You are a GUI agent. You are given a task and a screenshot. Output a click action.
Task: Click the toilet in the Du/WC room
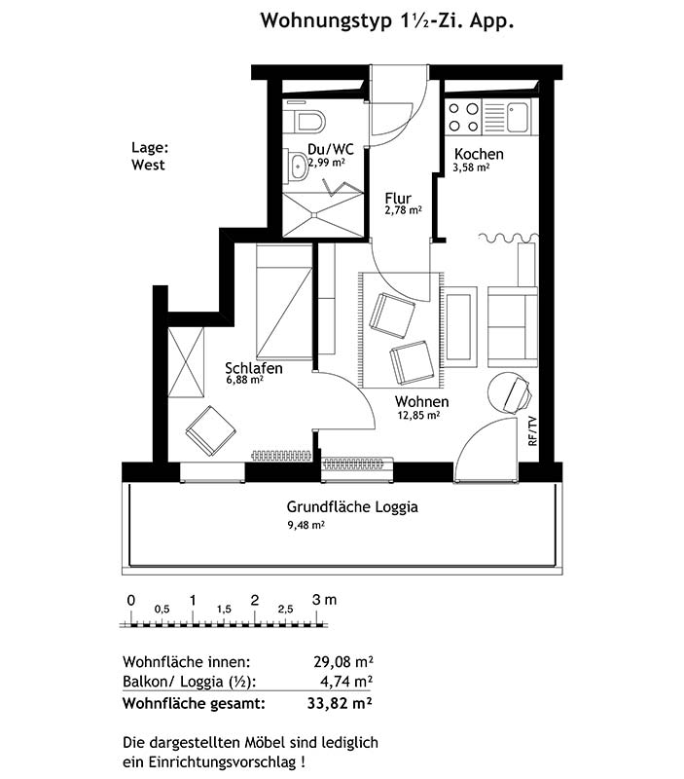[308, 121]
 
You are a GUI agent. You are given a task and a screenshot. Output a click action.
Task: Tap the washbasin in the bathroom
[298, 167]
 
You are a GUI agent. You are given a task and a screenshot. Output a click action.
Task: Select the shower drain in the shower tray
[314, 214]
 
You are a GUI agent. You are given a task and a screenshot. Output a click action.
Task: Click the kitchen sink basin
[518, 117]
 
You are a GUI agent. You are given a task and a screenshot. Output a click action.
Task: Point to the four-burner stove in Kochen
[463, 117]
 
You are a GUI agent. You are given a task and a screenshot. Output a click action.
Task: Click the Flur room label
[398, 199]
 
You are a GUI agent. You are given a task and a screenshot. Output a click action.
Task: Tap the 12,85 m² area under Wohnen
[418, 415]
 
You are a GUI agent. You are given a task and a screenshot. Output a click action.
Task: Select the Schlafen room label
[254, 368]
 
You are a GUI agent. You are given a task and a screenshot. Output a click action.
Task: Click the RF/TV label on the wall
[532, 431]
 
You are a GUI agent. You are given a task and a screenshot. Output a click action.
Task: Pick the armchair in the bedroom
[211, 431]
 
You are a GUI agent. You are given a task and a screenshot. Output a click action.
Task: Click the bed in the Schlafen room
[284, 302]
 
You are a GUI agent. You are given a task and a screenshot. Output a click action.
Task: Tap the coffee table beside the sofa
[458, 327]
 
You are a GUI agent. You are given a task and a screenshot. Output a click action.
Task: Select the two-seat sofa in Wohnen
[513, 326]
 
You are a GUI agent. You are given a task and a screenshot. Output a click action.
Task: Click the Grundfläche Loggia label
[352, 507]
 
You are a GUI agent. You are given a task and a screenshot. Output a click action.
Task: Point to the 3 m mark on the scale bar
[324, 600]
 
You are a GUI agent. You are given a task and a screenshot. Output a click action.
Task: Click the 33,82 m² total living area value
[340, 703]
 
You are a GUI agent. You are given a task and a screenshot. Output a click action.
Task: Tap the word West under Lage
[148, 165]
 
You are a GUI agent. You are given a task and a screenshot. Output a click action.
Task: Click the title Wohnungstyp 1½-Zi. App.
[386, 21]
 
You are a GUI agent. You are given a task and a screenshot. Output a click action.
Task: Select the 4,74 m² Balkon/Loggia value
[346, 681]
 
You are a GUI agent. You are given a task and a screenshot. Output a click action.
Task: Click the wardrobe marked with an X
[186, 362]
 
